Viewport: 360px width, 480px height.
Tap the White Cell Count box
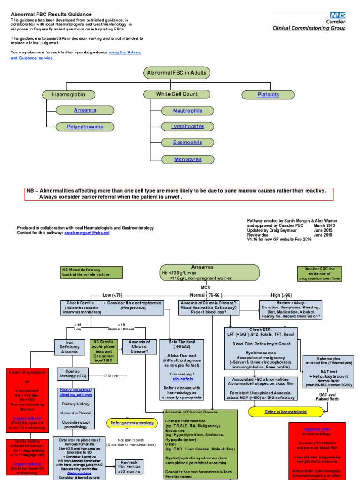tap(177, 94)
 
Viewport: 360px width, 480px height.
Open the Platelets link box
tap(268, 94)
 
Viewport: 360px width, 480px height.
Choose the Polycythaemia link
tap(85, 127)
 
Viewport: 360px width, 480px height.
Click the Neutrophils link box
tap(188, 111)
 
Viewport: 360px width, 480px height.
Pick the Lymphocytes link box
tap(188, 127)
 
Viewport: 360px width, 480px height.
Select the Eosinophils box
tap(188, 142)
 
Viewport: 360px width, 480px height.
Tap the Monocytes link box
tap(188, 159)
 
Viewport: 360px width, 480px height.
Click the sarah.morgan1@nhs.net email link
tap(87, 232)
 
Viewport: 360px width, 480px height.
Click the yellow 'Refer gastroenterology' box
tap(131, 423)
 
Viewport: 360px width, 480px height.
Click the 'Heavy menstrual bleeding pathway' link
tap(75, 393)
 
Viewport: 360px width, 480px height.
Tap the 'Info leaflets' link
tap(182, 379)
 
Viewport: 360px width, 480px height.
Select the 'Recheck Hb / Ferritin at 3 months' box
tap(130, 466)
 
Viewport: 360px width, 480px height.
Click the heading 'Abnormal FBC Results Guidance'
tap(52, 15)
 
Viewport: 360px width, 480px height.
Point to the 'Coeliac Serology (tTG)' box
tap(72, 373)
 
